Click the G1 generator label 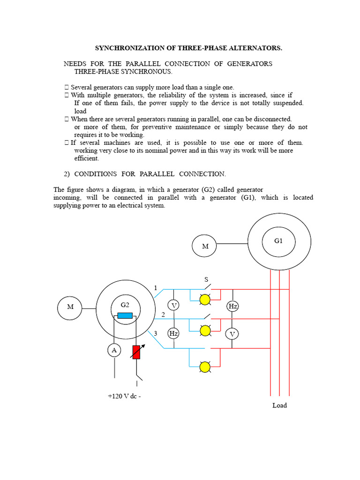coord(278,240)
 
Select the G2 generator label coord(125,304)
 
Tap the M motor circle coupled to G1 coord(205,246)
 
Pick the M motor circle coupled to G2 coord(70,307)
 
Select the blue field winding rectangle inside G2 coord(125,315)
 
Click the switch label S coord(206,279)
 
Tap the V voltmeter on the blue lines coord(174,306)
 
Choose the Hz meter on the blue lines coord(174,334)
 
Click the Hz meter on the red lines coord(232,306)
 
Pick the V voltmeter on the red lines coord(232,334)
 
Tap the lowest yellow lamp coord(205,367)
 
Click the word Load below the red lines coord(279,405)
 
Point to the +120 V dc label coord(124,396)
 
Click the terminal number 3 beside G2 coord(155,333)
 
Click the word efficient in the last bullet coord(87,158)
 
